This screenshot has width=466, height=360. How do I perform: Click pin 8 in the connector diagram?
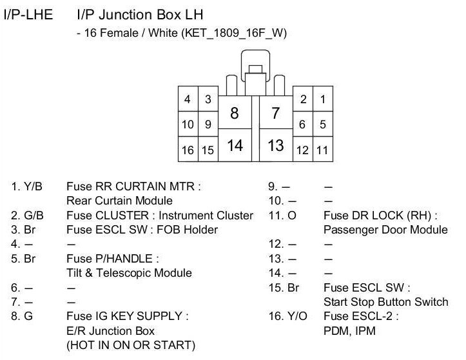click(x=235, y=113)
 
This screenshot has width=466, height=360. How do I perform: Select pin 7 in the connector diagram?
click(x=276, y=113)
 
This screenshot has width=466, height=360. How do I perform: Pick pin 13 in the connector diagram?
click(x=276, y=145)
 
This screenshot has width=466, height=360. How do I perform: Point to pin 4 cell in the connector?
click(x=188, y=99)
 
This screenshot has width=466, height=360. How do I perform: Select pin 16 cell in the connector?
click(x=188, y=150)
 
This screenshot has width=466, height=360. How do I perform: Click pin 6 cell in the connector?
click(x=302, y=125)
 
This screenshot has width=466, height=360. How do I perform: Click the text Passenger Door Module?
click(x=385, y=230)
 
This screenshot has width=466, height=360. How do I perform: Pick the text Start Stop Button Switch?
click(x=385, y=302)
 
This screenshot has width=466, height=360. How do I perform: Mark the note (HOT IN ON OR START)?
click(x=131, y=345)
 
